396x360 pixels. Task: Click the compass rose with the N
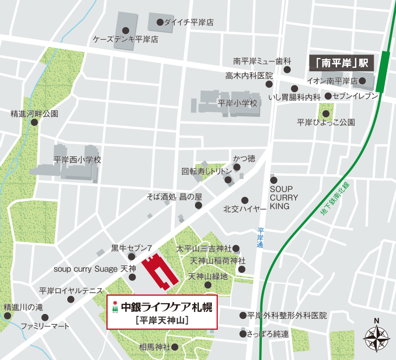[x=377, y=338]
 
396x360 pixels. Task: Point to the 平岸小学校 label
[x=238, y=103]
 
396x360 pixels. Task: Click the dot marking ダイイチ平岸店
[x=160, y=22]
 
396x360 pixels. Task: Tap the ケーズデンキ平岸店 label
[x=126, y=39]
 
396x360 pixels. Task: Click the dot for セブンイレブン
[x=328, y=97]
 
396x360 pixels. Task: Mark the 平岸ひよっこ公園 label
[x=326, y=122]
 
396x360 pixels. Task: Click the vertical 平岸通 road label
[x=260, y=238]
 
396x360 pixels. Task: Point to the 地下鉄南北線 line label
[x=335, y=199]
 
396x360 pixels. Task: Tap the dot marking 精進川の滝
[x=7, y=315]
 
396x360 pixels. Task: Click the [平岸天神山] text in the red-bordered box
[x=162, y=319]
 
